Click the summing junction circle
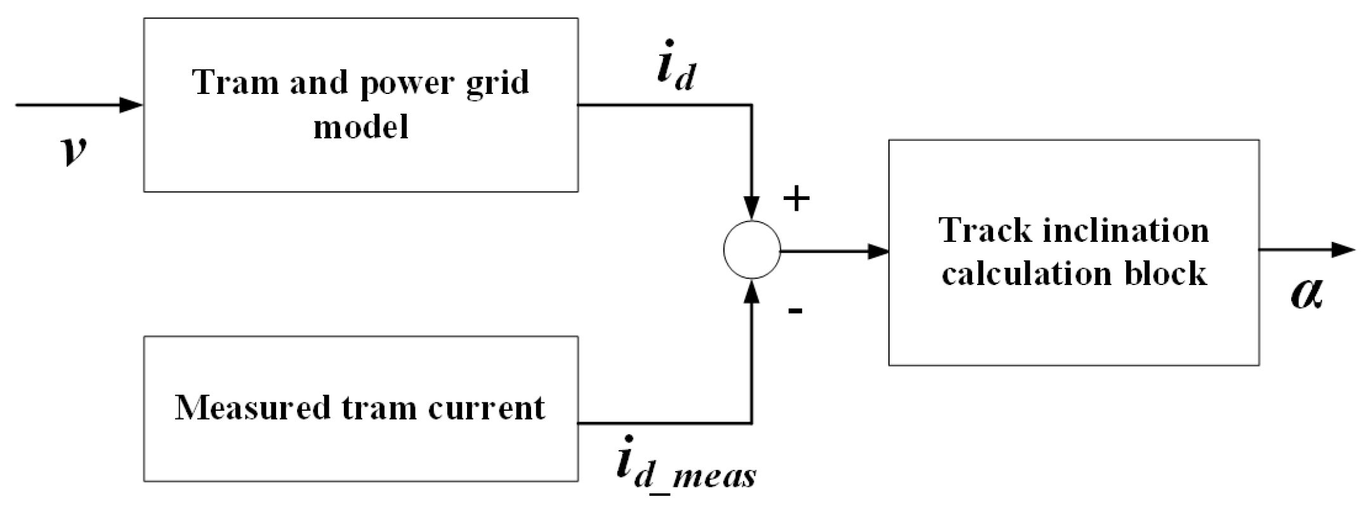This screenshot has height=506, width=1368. (752, 250)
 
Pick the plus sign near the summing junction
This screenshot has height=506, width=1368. (796, 199)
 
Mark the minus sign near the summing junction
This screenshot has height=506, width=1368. (795, 310)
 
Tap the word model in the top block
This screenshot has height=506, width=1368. (360, 126)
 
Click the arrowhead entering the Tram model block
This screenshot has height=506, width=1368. (132, 105)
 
